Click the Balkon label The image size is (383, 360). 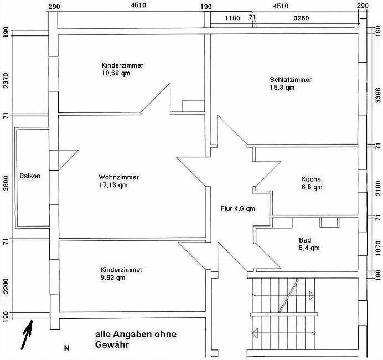click(30, 176)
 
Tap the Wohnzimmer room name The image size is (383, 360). click(118, 177)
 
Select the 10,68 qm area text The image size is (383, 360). click(116, 73)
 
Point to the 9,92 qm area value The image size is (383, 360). click(113, 277)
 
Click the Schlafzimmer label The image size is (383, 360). click(291, 80)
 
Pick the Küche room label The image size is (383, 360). click(311, 179)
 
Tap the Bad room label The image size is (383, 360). click(305, 240)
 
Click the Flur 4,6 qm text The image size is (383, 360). click(237, 209)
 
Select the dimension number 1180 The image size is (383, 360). click(232, 18)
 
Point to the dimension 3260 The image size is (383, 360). click(301, 18)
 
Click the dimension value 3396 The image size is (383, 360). click(378, 95)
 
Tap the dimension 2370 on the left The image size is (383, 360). click(6, 80)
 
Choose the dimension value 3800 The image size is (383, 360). click(6, 183)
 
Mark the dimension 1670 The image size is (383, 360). click(378, 248)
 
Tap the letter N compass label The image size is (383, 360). click(66, 348)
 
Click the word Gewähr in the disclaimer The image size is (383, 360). click(112, 344)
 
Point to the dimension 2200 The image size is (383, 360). click(6, 286)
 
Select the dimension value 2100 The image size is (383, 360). click(378, 188)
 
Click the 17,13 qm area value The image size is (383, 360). click(113, 185)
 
